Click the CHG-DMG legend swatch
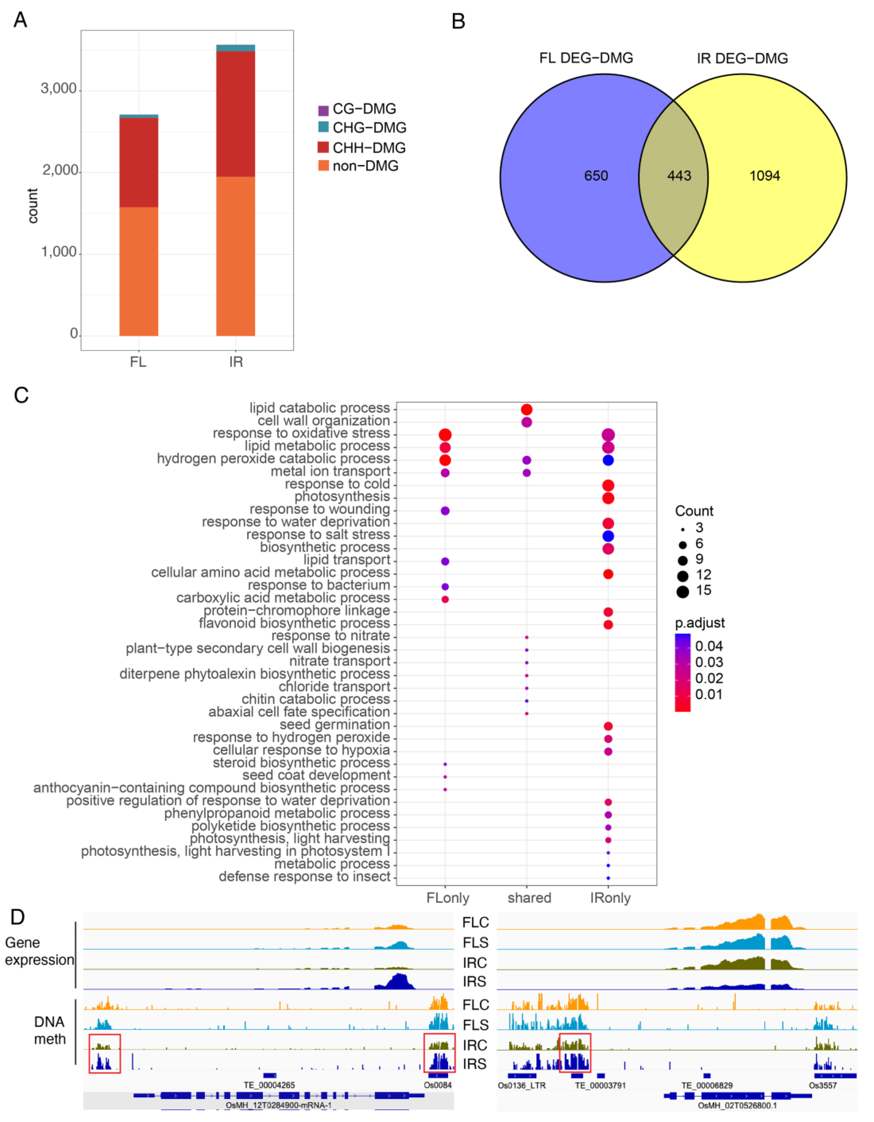point(323,127)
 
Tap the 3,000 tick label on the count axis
point(59,89)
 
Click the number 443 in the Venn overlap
point(679,176)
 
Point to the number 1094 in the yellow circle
point(765,176)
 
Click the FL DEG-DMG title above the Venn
point(586,58)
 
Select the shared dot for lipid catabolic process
point(526,409)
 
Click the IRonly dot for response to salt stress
point(608,536)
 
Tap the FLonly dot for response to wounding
point(445,511)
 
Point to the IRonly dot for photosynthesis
point(608,498)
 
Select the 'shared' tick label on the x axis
point(529,898)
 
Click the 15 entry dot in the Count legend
point(682,592)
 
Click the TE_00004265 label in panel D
point(269,1085)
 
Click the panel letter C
point(21,396)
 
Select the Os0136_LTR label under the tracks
point(522,1085)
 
